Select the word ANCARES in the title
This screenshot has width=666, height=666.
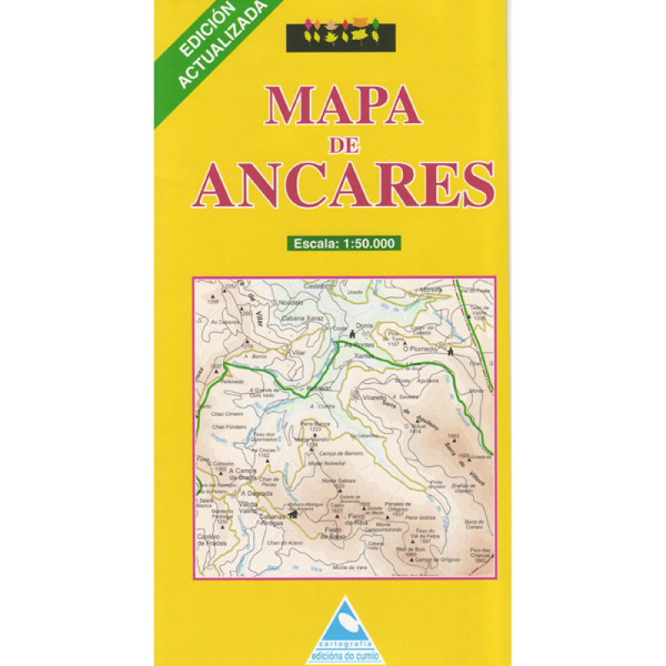click(343, 184)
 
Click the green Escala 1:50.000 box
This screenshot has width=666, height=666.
click(344, 244)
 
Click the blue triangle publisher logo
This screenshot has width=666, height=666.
click(344, 620)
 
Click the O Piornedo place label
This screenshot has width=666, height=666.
click(420, 350)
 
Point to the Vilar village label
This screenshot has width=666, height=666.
click(296, 354)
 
